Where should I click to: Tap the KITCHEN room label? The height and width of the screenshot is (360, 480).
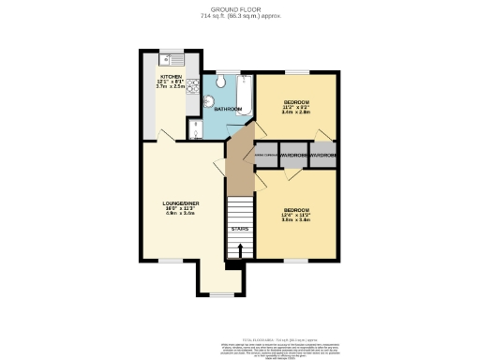point(171,76)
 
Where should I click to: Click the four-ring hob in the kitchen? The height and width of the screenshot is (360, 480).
point(191,86)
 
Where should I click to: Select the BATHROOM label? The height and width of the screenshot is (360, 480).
point(229,110)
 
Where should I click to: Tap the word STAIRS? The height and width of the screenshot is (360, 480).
point(241,228)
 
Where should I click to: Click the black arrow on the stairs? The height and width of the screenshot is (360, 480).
point(241,249)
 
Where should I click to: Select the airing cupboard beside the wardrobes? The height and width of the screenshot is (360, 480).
point(265,155)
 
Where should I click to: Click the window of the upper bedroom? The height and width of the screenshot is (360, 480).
point(298,71)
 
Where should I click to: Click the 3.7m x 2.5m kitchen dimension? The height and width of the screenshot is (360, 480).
point(171,87)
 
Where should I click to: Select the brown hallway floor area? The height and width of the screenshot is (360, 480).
point(240,159)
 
